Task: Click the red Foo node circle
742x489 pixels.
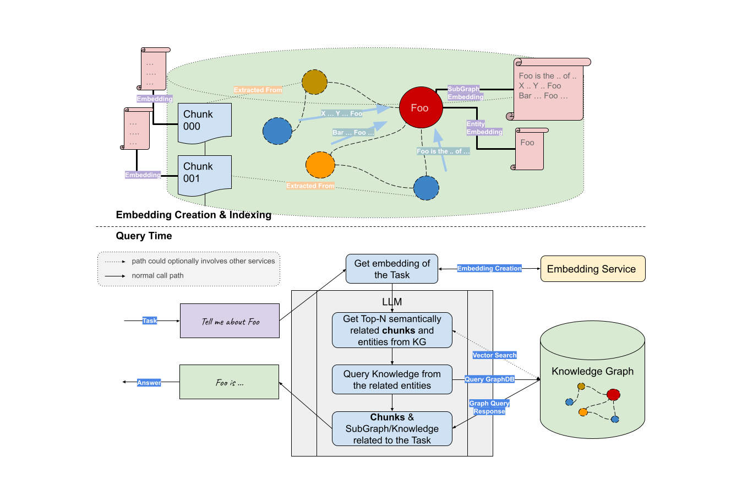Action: [421, 108]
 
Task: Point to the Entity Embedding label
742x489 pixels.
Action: [484, 128]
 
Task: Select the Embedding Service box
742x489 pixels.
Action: [592, 269]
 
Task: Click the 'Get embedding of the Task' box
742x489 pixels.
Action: [392, 269]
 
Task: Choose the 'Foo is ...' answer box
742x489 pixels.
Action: [229, 382]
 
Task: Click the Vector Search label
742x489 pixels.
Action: [494, 355]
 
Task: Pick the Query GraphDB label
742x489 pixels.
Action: [489, 379]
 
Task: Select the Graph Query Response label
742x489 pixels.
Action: [489, 407]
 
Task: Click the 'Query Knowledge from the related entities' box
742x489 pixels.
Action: [392, 379]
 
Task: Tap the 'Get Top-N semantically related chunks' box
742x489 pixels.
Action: [392, 330]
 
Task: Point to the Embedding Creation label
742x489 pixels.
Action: [489, 268]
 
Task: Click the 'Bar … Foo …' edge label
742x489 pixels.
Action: [353, 133]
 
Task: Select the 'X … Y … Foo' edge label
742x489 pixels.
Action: [341, 113]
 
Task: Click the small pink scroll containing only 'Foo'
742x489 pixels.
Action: [529, 149]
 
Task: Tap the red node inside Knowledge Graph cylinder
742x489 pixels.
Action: [613, 394]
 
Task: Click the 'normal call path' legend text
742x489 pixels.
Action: [157, 275]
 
